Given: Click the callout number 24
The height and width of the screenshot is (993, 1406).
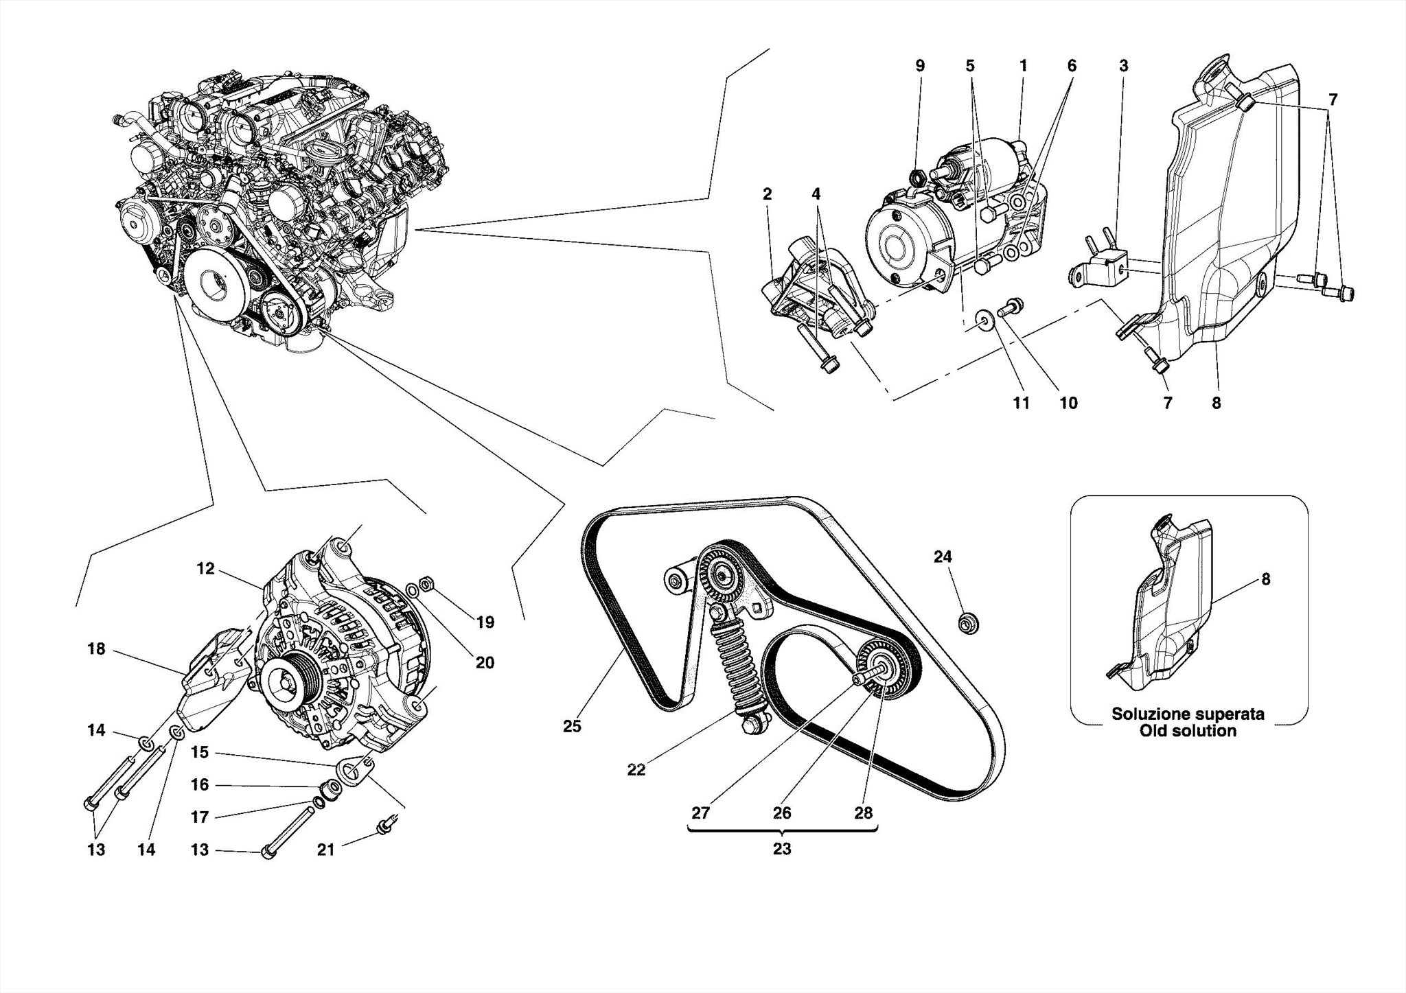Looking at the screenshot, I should click(943, 557).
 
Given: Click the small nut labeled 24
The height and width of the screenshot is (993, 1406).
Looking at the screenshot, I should click(968, 624).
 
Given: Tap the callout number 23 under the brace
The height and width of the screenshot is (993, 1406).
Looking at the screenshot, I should click(782, 849).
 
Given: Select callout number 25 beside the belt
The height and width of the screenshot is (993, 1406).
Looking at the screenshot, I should click(572, 726).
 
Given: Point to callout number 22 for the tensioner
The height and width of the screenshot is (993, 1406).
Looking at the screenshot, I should click(636, 770).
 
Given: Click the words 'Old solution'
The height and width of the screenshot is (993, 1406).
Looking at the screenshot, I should click(1188, 732).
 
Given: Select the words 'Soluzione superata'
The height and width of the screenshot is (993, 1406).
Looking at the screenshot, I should click(1188, 714).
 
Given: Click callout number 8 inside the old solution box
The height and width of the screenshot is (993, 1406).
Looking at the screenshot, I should click(1265, 579).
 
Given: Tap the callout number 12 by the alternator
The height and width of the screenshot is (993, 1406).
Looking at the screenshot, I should click(205, 568).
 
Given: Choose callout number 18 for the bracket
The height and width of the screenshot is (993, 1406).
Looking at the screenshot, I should click(96, 649).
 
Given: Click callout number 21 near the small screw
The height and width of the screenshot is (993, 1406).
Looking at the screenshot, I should click(325, 850).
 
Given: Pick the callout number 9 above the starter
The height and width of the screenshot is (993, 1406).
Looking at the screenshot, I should click(920, 66).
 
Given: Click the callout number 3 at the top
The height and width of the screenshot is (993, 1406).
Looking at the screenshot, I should click(1123, 66).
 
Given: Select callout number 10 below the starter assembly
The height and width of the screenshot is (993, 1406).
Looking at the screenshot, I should click(1068, 403).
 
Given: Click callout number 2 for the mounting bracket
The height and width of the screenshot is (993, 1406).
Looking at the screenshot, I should click(767, 194).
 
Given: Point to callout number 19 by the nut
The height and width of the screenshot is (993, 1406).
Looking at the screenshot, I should click(485, 622).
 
